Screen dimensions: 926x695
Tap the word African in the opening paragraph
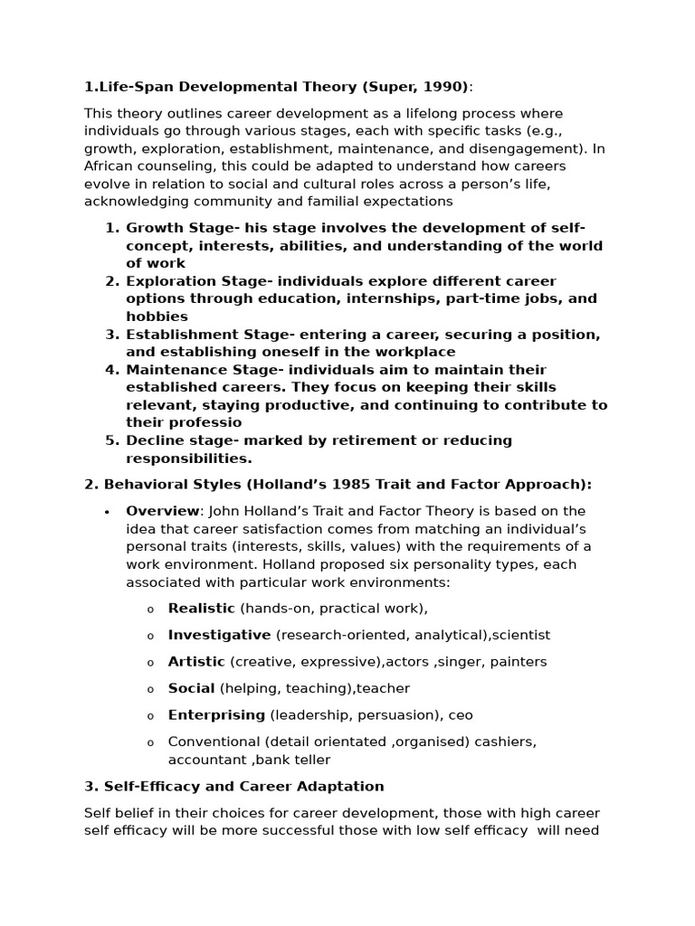coord(108,166)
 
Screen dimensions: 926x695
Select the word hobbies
coord(157,317)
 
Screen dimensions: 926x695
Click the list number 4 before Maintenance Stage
coord(111,370)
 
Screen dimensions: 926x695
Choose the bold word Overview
coord(162,511)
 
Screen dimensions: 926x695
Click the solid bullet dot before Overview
coord(107,512)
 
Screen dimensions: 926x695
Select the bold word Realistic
coord(201,609)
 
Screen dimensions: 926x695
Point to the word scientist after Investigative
coord(521,635)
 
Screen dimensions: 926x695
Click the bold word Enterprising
coord(216,715)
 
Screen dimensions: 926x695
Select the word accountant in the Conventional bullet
coord(205,760)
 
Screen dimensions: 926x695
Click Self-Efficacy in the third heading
coord(147,787)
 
